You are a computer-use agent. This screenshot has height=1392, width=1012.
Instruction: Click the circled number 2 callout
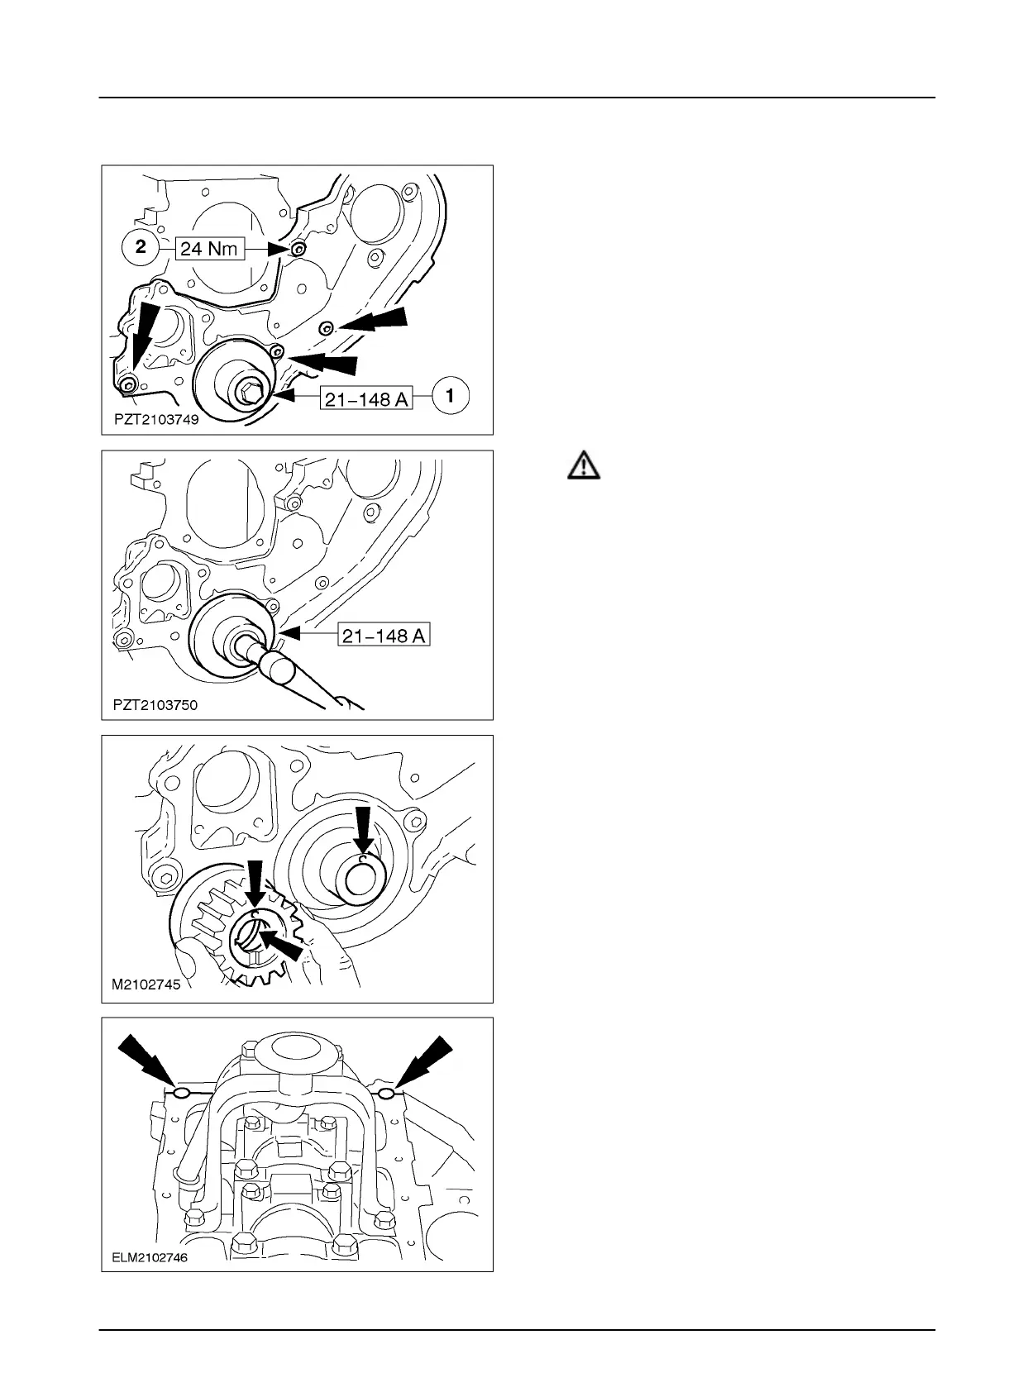pyautogui.click(x=141, y=247)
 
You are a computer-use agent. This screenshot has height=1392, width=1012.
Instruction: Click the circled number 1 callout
pyautogui.click(x=450, y=396)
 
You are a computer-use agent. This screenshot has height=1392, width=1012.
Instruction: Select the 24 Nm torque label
pyautogui.click(x=209, y=249)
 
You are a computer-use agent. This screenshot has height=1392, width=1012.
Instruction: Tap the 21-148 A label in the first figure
pyautogui.click(x=366, y=398)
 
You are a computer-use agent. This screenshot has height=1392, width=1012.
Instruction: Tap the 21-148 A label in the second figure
pyautogui.click(x=384, y=635)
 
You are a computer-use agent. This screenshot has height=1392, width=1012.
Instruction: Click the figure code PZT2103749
pyautogui.click(x=156, y=419)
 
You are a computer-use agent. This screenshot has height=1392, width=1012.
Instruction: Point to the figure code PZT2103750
pyautogui.click(x=155, y=705)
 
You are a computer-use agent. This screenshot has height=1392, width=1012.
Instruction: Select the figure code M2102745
pyautogui.click(x=146, y=984)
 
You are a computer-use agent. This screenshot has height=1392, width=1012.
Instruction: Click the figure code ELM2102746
pyautogui.click(x=149, y=1257)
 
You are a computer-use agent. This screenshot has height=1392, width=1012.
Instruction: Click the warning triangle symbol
pyautogui.click(x=584, y=466)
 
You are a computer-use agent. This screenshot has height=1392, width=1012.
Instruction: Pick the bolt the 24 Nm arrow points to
pyautogui.click(x=298, y=249)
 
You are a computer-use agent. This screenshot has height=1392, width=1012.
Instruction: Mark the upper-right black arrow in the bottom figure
pyautogui.click(x=424, y=1062)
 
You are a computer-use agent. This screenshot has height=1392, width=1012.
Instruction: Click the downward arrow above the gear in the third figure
pyautogui.click(x=255, y=888)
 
